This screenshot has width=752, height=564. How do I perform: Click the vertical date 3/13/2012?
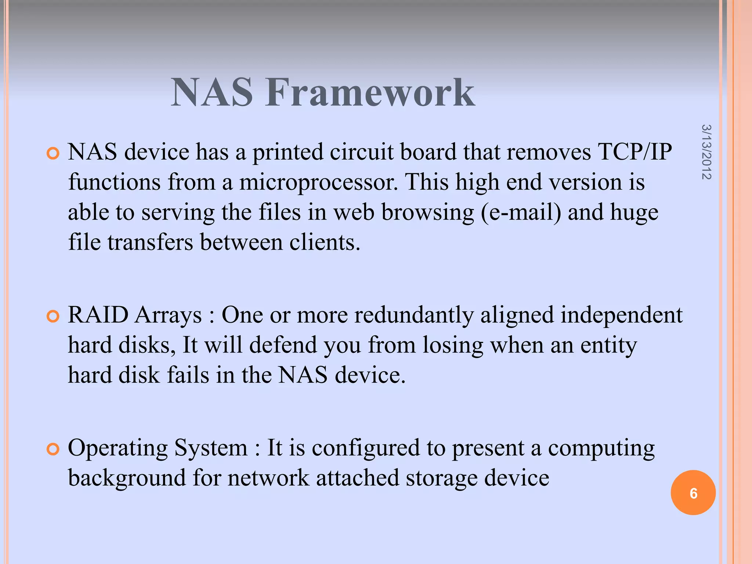(706, 152)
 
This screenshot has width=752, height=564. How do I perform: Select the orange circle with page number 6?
(693, 493)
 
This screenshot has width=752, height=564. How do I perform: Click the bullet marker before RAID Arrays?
(53, 316)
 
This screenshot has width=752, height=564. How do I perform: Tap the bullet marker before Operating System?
(53, 449)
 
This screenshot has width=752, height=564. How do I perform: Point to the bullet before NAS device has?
(53, 153)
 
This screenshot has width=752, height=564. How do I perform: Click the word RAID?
(98, 315)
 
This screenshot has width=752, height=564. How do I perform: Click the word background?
(127, 478)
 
